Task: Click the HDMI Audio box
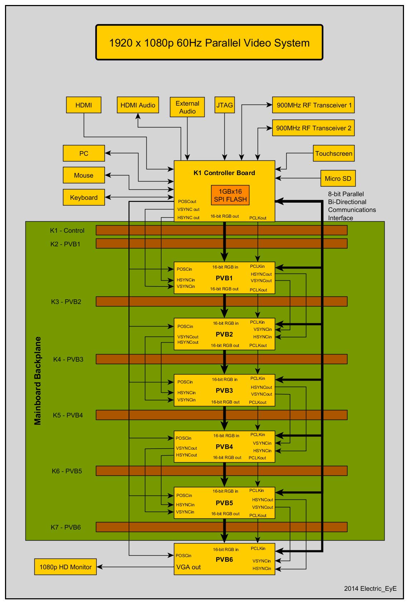(x=138, y=105)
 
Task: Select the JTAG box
(x=224, y=105)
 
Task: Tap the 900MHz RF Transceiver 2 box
(x=313, y=128)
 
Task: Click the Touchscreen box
(x=333, y=154)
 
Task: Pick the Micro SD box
(x=338, y=178)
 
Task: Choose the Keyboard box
(x=84, y=197)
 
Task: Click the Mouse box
(x=84, y=175)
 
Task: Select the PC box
(x=84, y=153)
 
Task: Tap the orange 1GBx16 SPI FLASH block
(x=230, y=195)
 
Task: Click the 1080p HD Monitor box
(x=65, y=567)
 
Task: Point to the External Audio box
(x=188, y=107)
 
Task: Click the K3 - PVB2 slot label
(x=66, y=301)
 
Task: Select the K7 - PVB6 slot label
(x=65, y=527)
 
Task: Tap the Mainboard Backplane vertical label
(x=38, y=381)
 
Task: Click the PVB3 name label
(x=224, y=390)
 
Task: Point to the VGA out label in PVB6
(x=188, y=567)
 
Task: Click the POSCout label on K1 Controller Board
(x=187, y=202)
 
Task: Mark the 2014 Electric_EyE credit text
(x=370, y=588)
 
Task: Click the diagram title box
(x=209, y=42)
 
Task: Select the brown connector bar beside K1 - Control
(x=222, y=230)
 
